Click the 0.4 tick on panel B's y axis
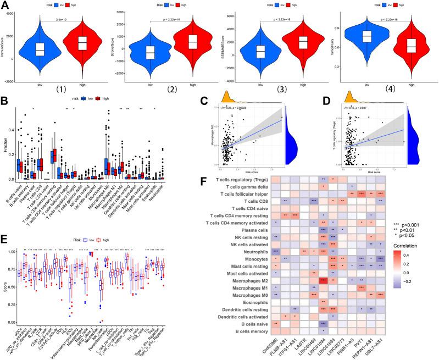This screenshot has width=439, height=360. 13,130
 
